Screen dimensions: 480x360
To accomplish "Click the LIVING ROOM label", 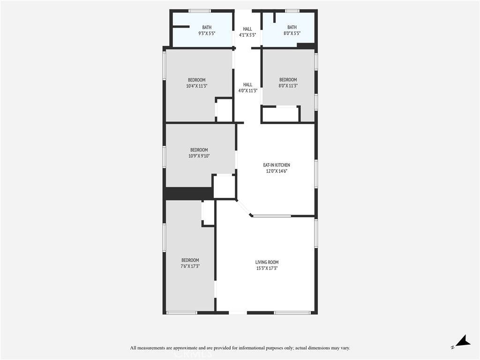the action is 267,262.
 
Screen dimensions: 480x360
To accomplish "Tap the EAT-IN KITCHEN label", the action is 277,165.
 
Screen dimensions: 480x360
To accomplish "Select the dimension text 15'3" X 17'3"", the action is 267,268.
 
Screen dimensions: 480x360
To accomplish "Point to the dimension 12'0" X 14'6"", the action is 277,171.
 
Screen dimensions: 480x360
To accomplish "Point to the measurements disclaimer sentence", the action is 240,348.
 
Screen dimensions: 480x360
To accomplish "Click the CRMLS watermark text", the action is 193,354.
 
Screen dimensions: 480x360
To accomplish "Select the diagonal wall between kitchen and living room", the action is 244,208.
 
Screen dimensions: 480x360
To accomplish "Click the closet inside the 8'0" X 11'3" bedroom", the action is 281,114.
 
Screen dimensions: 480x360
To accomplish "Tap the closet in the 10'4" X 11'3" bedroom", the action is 225,110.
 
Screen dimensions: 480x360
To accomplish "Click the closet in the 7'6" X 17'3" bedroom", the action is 208,213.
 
